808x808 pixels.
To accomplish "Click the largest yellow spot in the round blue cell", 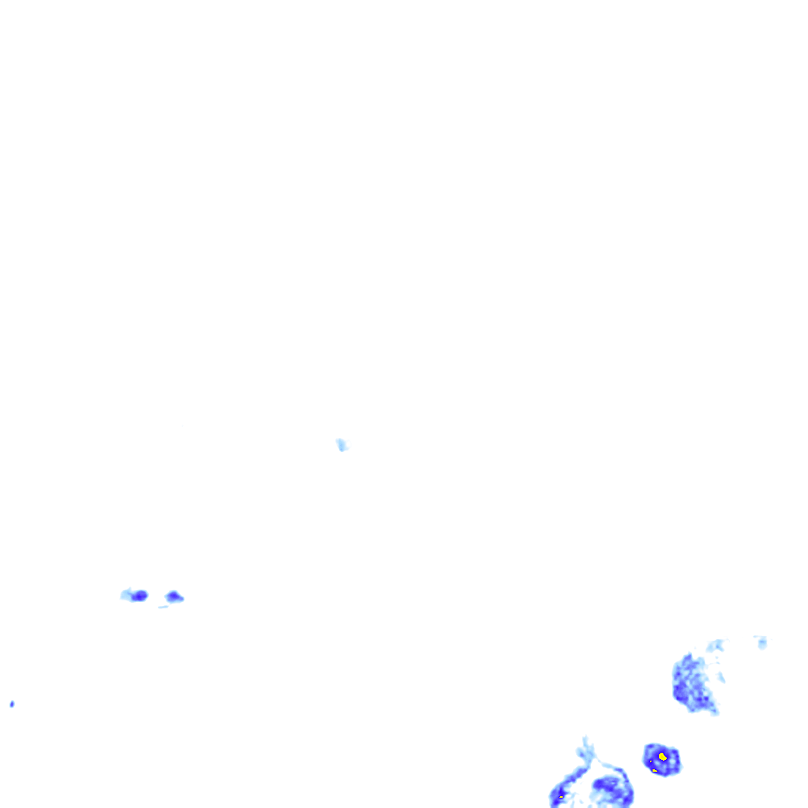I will (x=663, y=757).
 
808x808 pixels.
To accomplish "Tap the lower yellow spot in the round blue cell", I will (x=655, y=769).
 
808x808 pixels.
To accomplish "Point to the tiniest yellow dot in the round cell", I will (x=650, y=761).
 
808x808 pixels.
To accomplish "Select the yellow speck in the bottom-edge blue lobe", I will (x=560, y=797).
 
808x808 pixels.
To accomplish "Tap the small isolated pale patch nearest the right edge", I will (x=761, y=642).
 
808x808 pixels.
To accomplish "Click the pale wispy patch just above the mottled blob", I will (x=716, y=646).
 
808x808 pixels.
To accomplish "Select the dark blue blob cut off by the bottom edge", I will (x=612, y=791).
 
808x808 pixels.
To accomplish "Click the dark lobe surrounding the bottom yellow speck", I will (x=563, y=794).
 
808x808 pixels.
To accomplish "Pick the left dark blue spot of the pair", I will (x=140, y=595).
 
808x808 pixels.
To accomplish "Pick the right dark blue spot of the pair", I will (x=174, y=597).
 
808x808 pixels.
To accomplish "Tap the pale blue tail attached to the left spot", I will (x=125, y=593).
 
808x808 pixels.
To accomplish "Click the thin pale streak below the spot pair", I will (x=163, y=606).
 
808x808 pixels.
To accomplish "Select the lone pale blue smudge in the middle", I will (x=342, y=445).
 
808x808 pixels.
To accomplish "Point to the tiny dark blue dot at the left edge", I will (x=12, y=704).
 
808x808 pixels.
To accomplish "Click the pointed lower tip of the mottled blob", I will (x=714, y=712).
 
